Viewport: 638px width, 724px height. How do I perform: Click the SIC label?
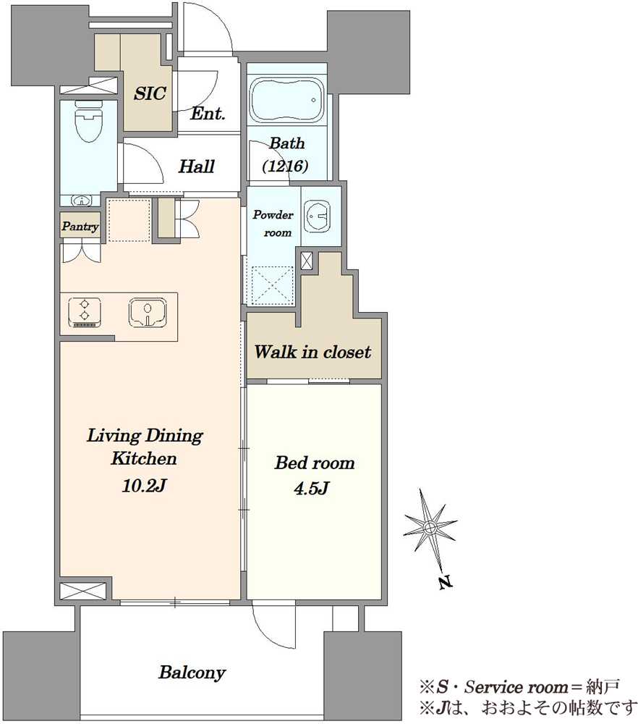point(150,93)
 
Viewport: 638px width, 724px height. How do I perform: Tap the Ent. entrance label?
point(208,113)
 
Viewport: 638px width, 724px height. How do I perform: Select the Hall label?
point(197,167)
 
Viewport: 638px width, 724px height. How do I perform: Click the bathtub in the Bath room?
point(288,101)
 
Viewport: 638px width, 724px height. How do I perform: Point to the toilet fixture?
point(88,122)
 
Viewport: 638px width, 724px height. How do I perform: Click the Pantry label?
point(80,226)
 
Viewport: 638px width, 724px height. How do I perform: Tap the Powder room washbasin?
point(318,216)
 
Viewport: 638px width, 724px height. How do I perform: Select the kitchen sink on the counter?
point(147,312)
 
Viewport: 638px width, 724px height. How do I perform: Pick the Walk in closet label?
point(312,353)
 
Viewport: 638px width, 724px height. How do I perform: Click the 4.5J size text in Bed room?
point(311,488)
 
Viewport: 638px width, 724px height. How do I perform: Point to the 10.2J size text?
point(144,486)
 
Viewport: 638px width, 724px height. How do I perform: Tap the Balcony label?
point(192,673)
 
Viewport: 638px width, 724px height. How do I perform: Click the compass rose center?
point(430,527)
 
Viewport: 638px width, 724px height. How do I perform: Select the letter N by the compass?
point(445,583)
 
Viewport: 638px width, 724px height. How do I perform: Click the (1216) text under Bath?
point(286,165)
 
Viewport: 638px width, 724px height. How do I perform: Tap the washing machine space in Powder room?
point(272,286)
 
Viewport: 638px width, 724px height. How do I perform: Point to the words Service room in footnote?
point(516,688)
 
